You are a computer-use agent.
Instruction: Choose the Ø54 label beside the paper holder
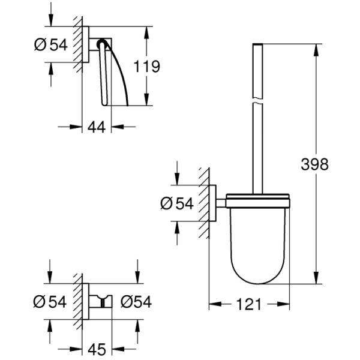pos(50,46)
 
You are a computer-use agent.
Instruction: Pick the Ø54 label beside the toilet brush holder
pos(176,204)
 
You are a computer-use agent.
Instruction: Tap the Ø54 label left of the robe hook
pos(50,301)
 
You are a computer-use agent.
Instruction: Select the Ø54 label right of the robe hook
pos(135,301)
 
